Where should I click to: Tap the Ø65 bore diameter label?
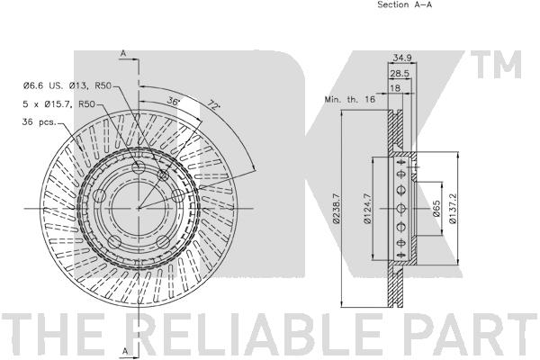[436, 209]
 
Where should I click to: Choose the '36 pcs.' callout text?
[40, 123]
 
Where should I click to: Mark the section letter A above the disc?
[123, 54]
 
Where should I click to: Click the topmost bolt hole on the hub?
[138, 168]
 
